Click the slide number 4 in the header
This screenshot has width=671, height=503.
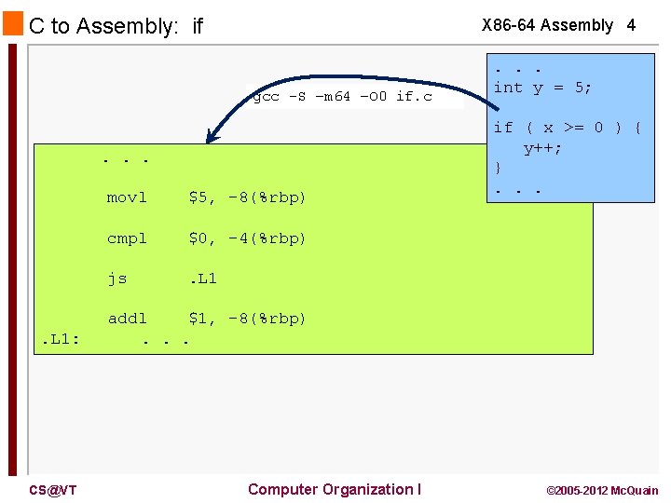point(631,25)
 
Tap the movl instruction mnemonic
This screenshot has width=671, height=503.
point(127,197)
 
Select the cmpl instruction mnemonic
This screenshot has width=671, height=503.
point(127,238)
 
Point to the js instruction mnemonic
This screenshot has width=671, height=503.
point(117,278)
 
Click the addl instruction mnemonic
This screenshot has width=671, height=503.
point(127,319)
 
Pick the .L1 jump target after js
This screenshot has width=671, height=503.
point(202,278)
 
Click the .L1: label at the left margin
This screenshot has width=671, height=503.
point(60,339)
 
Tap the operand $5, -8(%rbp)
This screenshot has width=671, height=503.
point(247,197)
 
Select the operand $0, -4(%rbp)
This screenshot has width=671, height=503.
point(247,238)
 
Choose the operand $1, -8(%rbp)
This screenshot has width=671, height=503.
point(247,319)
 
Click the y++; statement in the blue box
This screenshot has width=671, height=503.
point(542,148)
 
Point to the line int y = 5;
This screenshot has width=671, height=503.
point(542,88)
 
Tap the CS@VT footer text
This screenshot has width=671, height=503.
point(52,490)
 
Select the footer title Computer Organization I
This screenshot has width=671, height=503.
point(335,489)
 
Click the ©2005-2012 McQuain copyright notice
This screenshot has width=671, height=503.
point(601,490)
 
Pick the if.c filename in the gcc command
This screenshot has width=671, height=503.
point(415,96)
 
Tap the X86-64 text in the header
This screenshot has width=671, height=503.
point(508,25)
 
